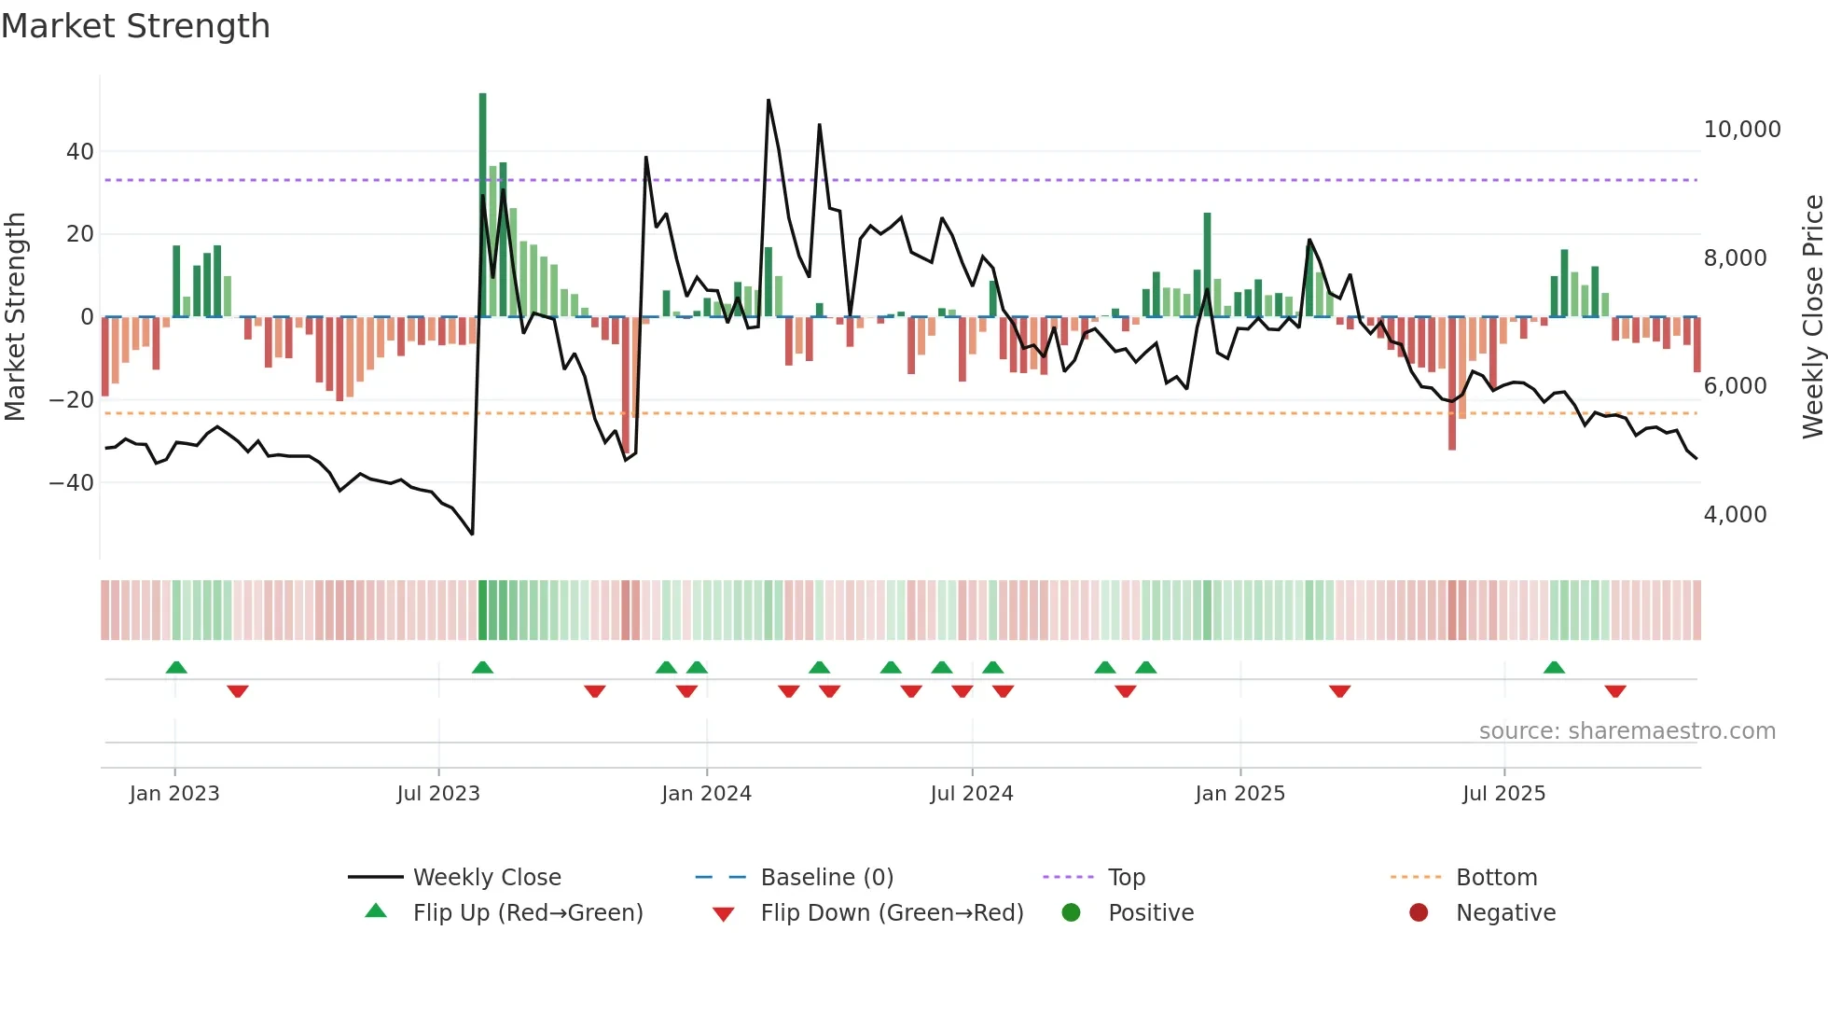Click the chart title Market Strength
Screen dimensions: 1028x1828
135,26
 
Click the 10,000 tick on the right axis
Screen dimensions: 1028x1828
1741,130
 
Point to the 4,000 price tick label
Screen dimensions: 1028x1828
1735,515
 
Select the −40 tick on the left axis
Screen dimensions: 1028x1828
71,483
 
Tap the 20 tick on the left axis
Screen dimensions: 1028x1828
80,234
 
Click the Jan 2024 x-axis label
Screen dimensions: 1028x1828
706,794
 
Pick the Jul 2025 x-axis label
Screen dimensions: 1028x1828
1503,794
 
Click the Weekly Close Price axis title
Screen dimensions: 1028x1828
1812,317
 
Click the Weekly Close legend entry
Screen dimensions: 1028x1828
486,878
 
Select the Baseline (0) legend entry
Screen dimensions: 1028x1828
826,878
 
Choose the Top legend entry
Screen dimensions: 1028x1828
1126,878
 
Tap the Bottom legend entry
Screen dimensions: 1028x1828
1496,878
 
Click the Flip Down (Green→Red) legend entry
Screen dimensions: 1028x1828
891,913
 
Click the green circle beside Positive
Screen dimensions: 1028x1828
1071,913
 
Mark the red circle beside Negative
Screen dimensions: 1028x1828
1419,913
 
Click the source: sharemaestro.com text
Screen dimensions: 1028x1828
1627,731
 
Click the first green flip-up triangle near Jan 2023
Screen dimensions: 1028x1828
176,667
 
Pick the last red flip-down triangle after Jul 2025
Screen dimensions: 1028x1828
1615,691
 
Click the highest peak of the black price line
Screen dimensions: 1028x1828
769,100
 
